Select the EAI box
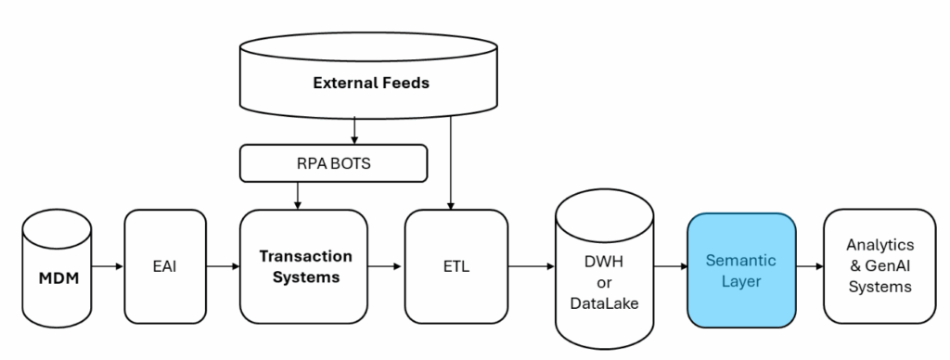point(163,267)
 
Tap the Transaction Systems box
point(304,267)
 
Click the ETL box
point(456,267)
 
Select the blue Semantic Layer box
point(740,269)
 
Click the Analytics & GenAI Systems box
point(879,265)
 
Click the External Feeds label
point(371,83)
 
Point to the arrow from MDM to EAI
point(107,267)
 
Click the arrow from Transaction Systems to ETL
point(386,267)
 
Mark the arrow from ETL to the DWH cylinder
point(531,267)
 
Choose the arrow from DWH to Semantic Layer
point(669,267)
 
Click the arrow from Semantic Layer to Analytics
point(810,267)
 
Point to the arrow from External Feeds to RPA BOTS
point(354,131)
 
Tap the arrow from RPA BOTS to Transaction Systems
point(297,194)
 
